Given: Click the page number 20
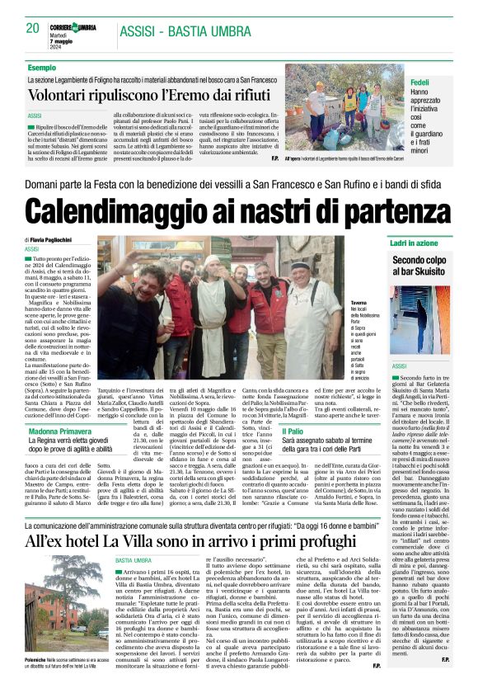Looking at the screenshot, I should click(33, 28).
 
